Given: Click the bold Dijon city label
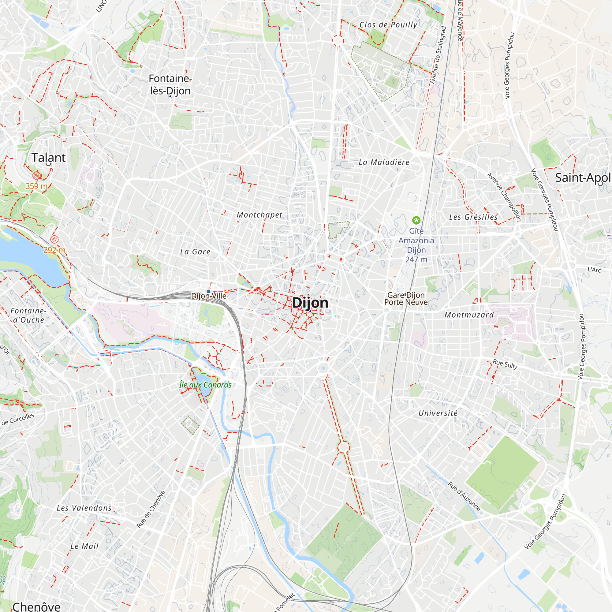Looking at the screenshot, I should click(310, 303).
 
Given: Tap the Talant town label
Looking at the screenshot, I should click(48, 157).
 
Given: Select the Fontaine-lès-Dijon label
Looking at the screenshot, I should click(170, 84).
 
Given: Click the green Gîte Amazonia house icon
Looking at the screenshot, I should click(416, 220).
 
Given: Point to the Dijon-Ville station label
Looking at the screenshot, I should click(209, 296).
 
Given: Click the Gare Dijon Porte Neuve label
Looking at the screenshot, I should click(406, 298).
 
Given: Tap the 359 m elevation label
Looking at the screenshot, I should click(36, 186).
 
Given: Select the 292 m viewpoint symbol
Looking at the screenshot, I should click(54, 240).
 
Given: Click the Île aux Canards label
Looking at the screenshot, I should click(205, 385).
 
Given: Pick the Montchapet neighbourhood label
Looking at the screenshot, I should click(259, 215).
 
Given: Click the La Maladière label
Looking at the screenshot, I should click(384, 162).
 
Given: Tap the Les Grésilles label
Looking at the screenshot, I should click(473, 217).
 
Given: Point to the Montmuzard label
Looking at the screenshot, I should click(469, 315).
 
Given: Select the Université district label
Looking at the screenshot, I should click(438, 413).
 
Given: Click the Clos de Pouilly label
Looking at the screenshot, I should click(388, 25).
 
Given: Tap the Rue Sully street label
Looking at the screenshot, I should click(505, 364).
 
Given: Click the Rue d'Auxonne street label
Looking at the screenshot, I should click(465, 496).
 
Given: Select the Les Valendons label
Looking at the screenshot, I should click(84, 508).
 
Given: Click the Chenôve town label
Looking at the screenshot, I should click(36, 606).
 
